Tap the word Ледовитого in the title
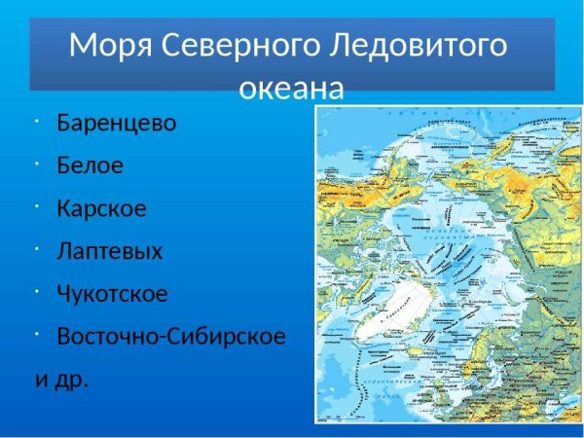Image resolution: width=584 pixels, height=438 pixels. click(x=424, y=45)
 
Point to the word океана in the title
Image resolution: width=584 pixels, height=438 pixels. click(x=292, y=89)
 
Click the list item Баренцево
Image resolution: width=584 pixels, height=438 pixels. click(x=117, y=124)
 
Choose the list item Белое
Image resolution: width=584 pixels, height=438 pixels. click(x=91, y=165)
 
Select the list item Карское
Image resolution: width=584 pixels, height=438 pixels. click(x=102, y=208)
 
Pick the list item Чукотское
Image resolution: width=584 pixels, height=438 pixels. click(x=113, y=293)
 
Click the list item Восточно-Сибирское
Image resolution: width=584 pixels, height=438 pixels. click(x=171, y=336)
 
